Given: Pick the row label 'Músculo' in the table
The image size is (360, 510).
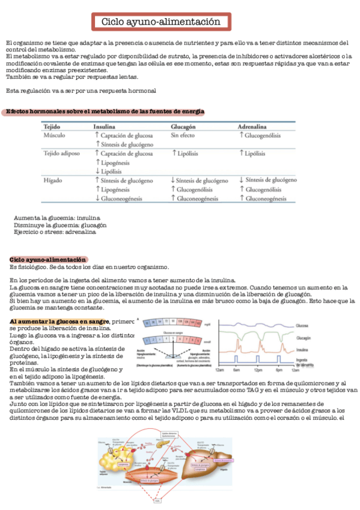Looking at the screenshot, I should [55, 136].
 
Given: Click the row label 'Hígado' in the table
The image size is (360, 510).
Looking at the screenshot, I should [53, 180].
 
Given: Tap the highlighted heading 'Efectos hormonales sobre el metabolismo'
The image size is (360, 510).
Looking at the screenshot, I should [105, 112].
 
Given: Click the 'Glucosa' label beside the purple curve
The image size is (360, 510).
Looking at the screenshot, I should [304, 325].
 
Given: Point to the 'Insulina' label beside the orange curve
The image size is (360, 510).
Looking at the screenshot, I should [304, 348].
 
